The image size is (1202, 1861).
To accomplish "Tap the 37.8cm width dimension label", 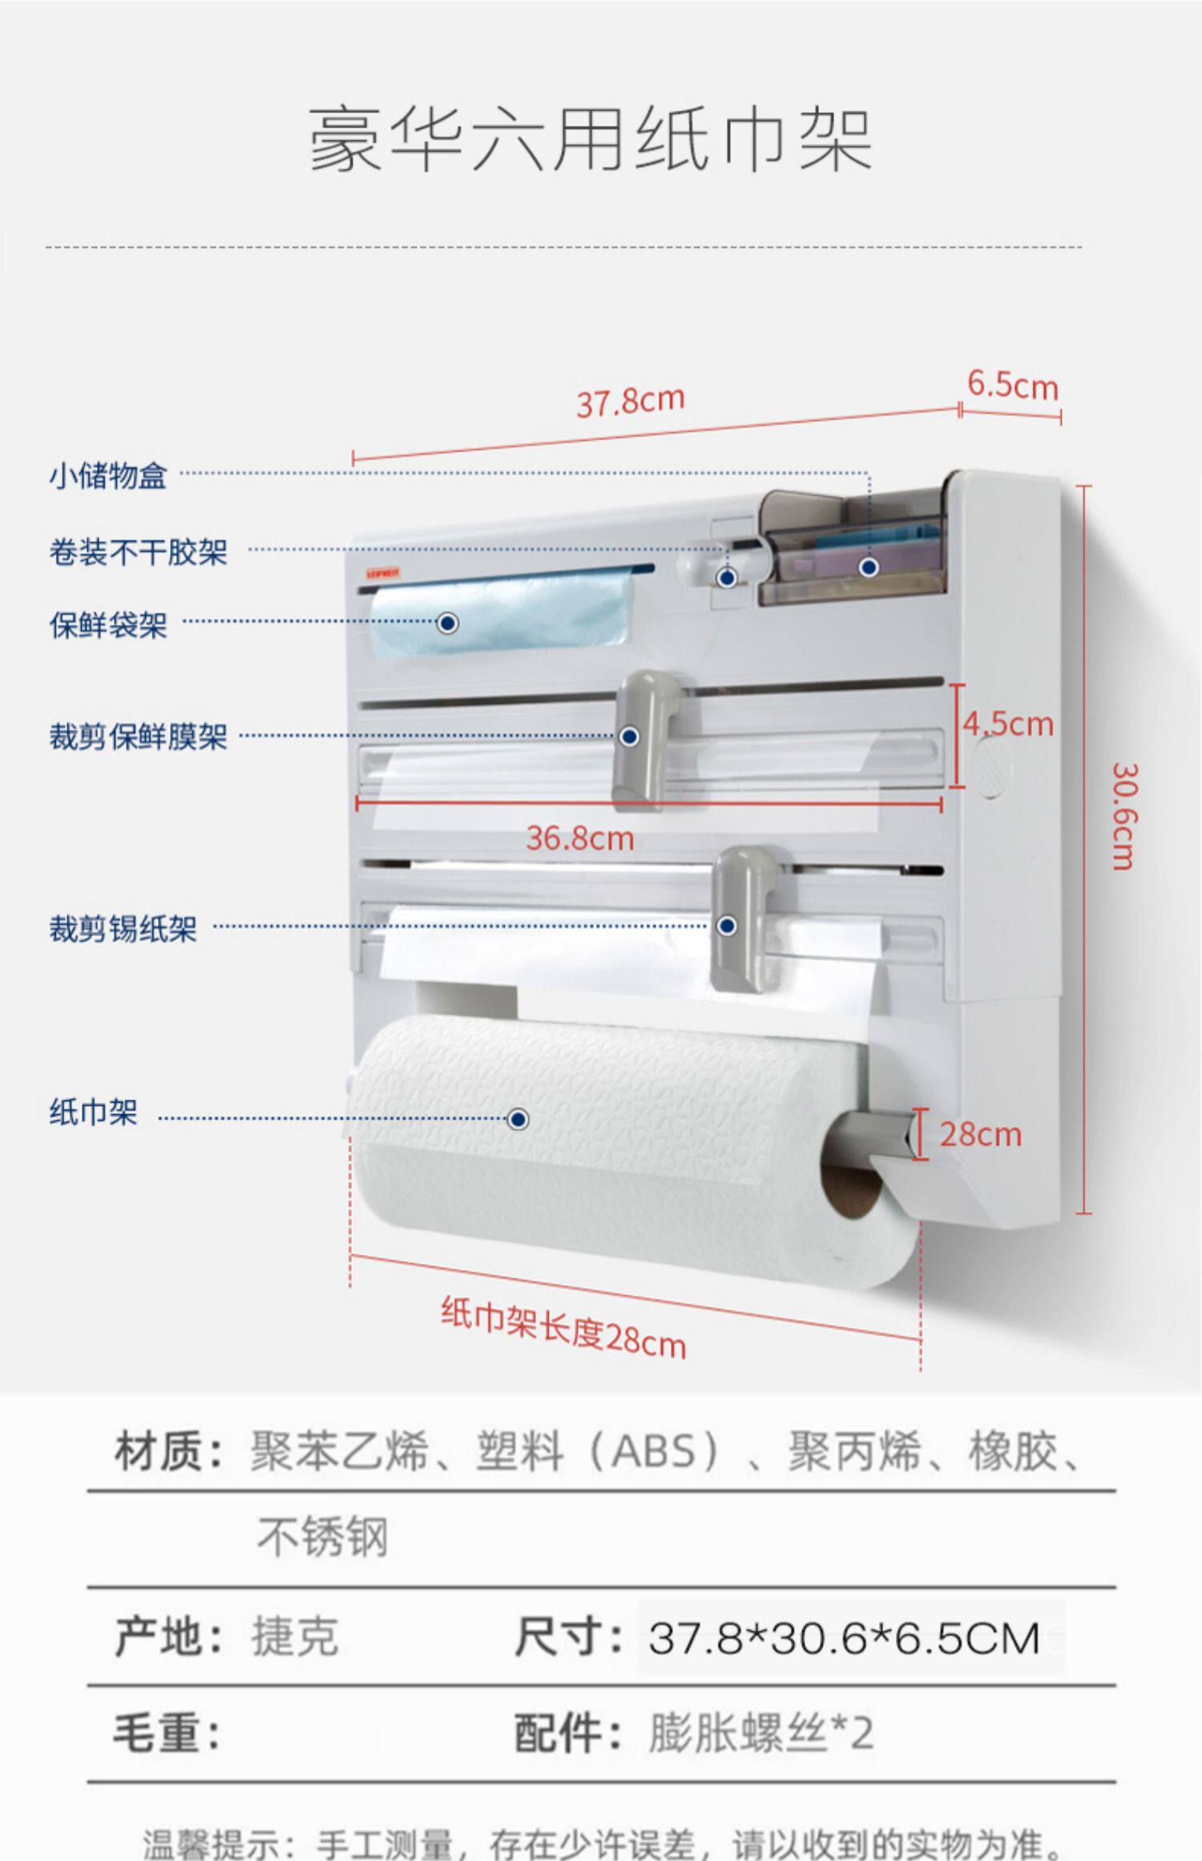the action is point(631,400).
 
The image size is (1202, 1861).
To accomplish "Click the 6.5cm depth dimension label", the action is point(1012,386).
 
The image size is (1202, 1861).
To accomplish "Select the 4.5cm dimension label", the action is point(1008,724).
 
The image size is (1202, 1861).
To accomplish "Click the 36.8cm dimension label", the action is point(580,838).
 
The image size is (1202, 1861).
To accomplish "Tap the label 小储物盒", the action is point(108,476).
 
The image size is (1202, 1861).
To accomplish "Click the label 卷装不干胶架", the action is point(139,552).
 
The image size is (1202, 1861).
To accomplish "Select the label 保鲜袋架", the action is point(108,625).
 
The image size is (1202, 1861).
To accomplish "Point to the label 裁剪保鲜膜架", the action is point(139,737).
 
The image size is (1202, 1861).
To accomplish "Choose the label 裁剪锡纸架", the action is point(123,929).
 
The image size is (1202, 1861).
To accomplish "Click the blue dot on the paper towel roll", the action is point(518,1119).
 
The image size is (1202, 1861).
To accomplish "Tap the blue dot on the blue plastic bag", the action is point(448,623).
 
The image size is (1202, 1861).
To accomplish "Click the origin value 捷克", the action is point(295,1637).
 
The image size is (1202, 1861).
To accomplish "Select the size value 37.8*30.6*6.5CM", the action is point(844,1638).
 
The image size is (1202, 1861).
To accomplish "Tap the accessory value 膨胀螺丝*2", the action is point(760,1734).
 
